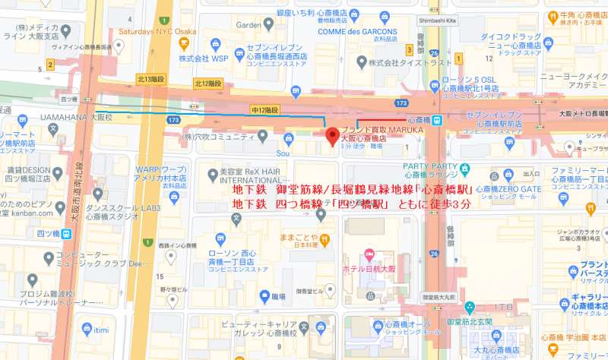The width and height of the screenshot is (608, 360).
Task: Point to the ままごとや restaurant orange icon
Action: coord(325,240)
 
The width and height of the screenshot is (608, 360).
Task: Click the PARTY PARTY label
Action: coord(429,166)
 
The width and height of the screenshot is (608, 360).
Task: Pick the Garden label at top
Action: coord(248,24)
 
